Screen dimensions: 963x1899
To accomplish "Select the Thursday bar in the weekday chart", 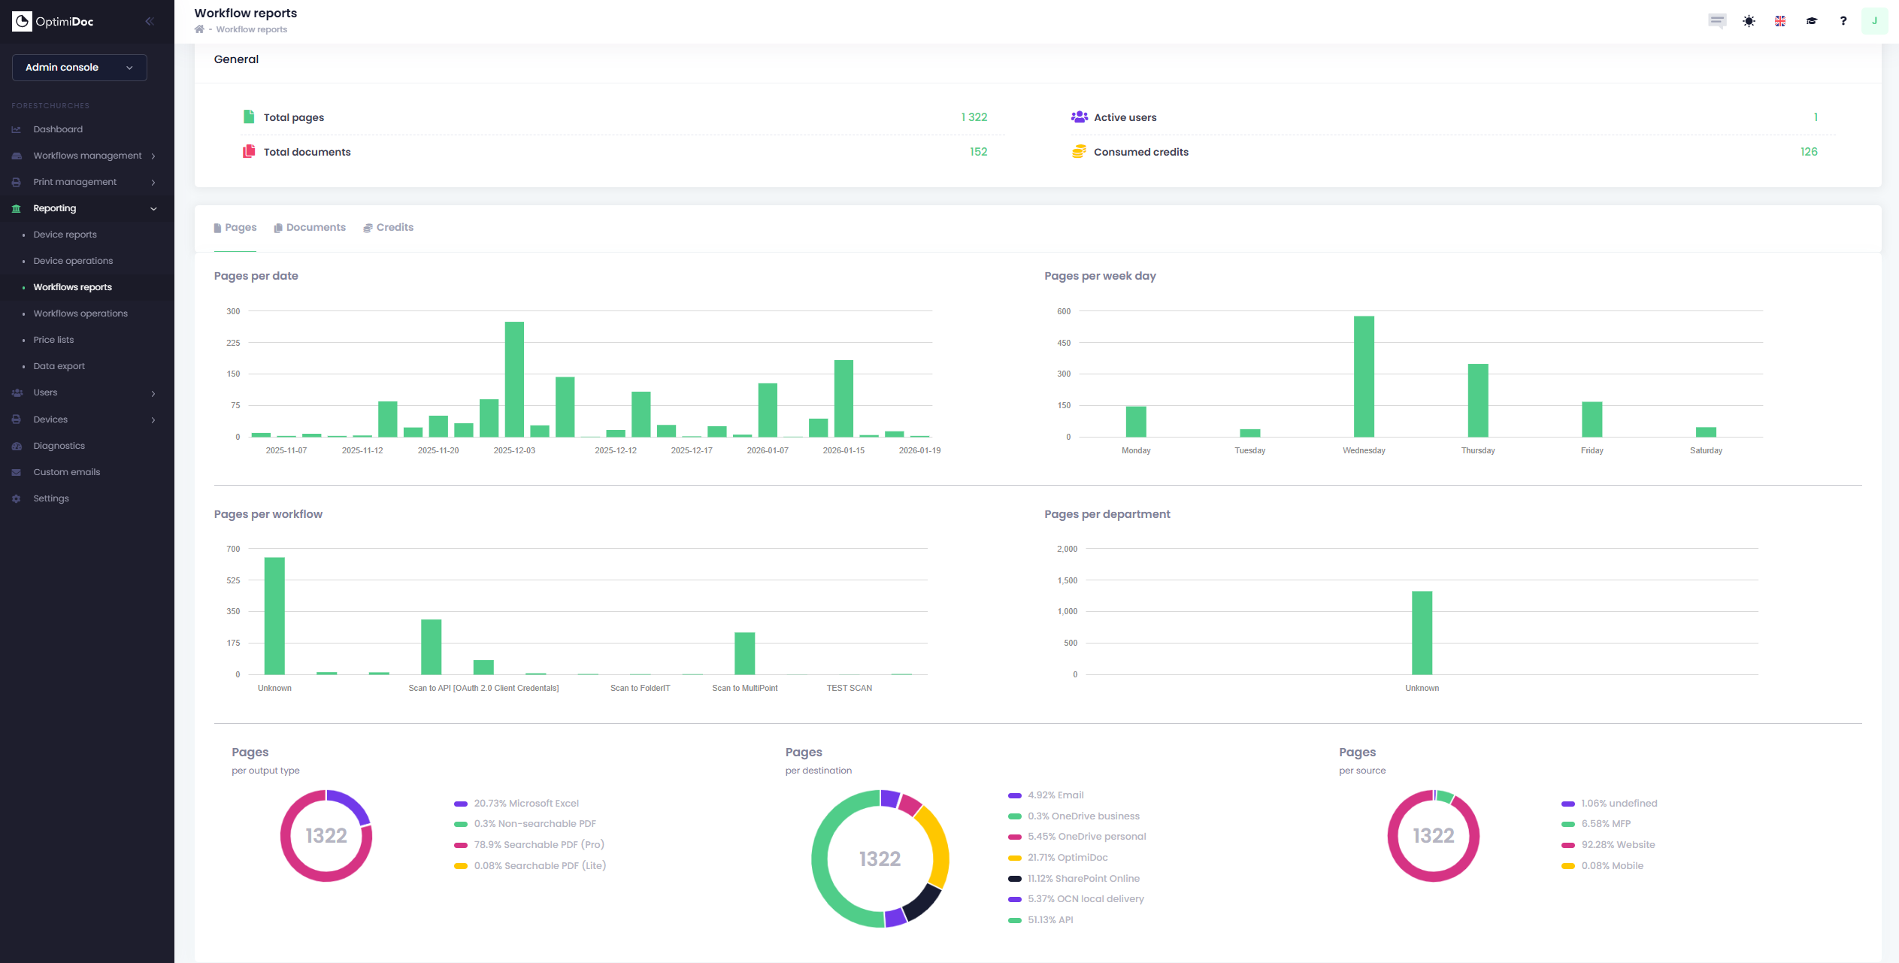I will pyautogui.click(x=1477, y=400).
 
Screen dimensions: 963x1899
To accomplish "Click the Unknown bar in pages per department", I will pyautogui.click(x=1422, y=632).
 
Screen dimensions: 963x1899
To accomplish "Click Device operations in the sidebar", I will pyautogui.click(x=73, y=261).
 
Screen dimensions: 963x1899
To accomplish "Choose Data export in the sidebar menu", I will pyautogui.click(x=59, y=366).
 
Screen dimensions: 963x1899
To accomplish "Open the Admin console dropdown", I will pyautogui.click(x=79, y=67).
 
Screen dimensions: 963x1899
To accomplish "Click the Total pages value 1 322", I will pyautogui.click(x=974, y=117).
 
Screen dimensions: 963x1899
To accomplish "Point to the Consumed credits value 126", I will pyautogui.click(x=1808, y=152).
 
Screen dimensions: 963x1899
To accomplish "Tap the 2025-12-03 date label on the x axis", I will pyautogui.click(x=514, y=450).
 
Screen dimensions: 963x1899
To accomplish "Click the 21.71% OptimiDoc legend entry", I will pyautogui.click(x=1067, y=858).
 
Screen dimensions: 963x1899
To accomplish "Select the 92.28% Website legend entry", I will pyautogui.click(x=1617, y=845).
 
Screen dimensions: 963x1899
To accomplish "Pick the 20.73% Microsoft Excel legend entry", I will pyautogui.click(x=525, y=804).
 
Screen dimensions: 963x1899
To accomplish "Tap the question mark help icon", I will pyautogui.click(x=1843, y=21).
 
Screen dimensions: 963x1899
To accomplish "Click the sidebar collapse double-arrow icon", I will pyautogui.click(x=150, y=21).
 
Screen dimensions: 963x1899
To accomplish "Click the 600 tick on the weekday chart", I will pyautogui.click(x=1063, y=311).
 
